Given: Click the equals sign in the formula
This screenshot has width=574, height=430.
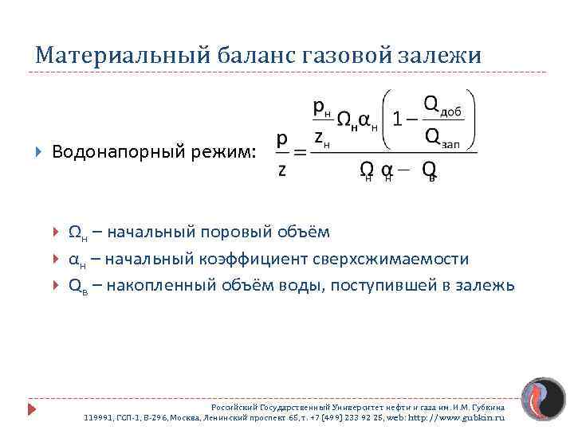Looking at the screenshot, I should click(301, 152).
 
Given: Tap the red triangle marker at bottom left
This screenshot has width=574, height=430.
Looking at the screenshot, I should click(32, 409).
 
